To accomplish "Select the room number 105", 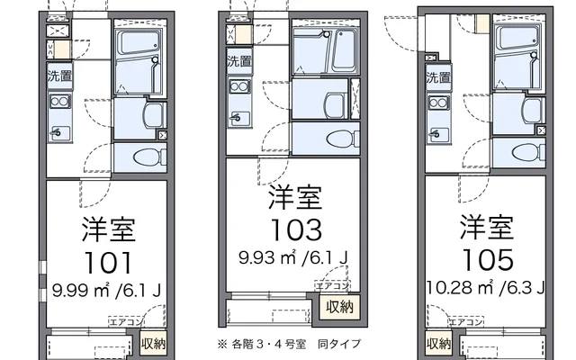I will coord(488,258).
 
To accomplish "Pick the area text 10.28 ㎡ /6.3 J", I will coord(486,288).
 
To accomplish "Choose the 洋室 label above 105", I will coord(488,225).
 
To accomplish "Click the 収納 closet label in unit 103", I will coord(340,308).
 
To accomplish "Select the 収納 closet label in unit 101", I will coord(153,343).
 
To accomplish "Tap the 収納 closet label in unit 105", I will coord(439,344).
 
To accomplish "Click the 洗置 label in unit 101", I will coord(60,76).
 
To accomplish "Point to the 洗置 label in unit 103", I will coord(238,62).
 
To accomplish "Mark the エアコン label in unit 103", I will coord(328,284).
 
